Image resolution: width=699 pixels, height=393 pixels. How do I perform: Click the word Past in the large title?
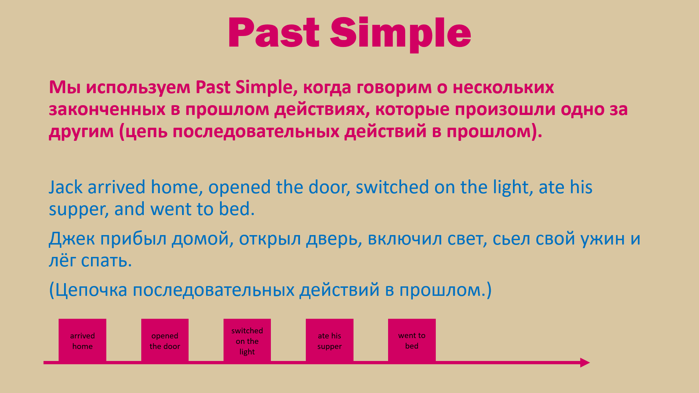[274, 33]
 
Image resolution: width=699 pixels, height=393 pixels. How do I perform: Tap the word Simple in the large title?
[400, 35]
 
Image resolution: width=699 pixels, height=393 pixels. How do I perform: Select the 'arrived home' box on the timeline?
[82, 340]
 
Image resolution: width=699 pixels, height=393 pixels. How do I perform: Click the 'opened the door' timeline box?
[165, 340]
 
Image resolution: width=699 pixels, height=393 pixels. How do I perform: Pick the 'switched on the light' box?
[247, 340]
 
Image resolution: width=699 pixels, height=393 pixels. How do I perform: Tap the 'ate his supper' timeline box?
[329, 340]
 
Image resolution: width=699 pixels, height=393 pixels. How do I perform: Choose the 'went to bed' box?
[412, 340]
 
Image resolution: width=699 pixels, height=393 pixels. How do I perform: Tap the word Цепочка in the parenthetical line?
[91, 290]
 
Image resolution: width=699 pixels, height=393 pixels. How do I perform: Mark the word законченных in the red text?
[107, 110]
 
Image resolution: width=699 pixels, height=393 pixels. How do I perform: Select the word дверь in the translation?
[332, 239]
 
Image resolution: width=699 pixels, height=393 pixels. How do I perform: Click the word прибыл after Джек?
[133, 239]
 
